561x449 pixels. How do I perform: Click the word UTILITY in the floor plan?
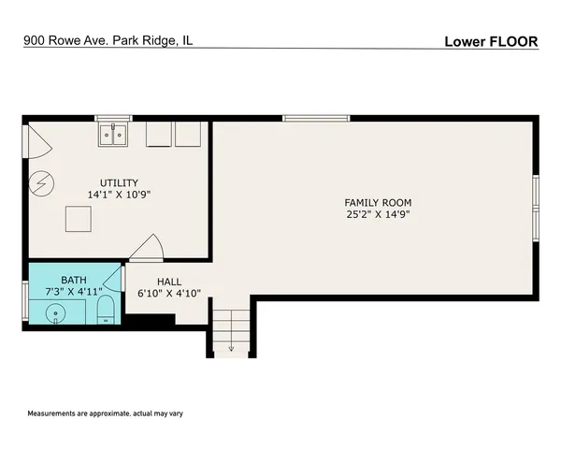tap(120, 182)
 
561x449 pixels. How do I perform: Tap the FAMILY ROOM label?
tap(378, 202)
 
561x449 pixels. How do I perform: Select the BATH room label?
tap(74, 280)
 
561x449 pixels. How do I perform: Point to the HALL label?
tap(169, 281)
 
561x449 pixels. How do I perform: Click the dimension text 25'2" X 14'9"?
tap(378, 214)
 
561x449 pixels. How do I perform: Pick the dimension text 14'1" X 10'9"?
tap(120, 195)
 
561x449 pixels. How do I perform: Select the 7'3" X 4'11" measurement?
tap(74, 292)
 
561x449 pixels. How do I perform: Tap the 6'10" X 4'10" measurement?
tap(169, 293)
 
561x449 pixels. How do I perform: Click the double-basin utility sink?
tap(115, 136)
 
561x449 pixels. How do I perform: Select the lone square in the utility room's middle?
tap(78, 220)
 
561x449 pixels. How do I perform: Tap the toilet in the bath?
tap(105, 311)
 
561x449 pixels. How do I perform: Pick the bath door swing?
tap(113, 278)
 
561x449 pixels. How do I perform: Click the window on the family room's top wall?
tap(316, 118)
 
